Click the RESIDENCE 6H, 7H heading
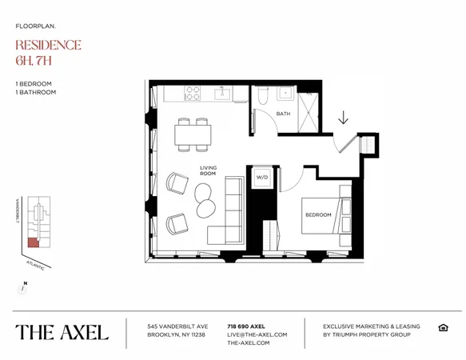[48, 52]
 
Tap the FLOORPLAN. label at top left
[35, 26]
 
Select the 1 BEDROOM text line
[33, 84]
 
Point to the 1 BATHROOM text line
[35, 93]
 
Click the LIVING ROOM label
[209, 170]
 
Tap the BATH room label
[283, 114]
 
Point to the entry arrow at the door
[343, 118]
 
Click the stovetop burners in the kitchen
[193, 94]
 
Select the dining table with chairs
[193, 134]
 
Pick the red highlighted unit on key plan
[32, 242]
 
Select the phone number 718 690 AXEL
[246, 326]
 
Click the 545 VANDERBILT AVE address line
[177, 326]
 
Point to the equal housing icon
[443, 327]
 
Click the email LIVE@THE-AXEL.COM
[257, 334]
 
